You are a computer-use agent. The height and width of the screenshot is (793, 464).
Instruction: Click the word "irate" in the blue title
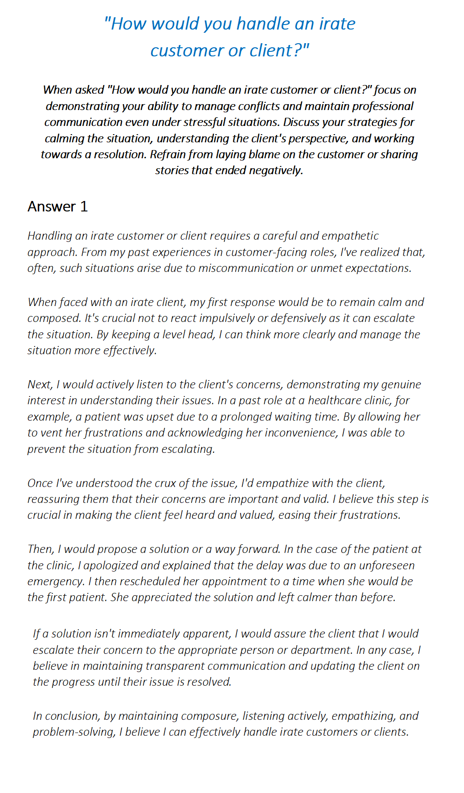click(x=337, y=24)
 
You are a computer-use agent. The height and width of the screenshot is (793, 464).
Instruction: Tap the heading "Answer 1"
click(x=57, y=207)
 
